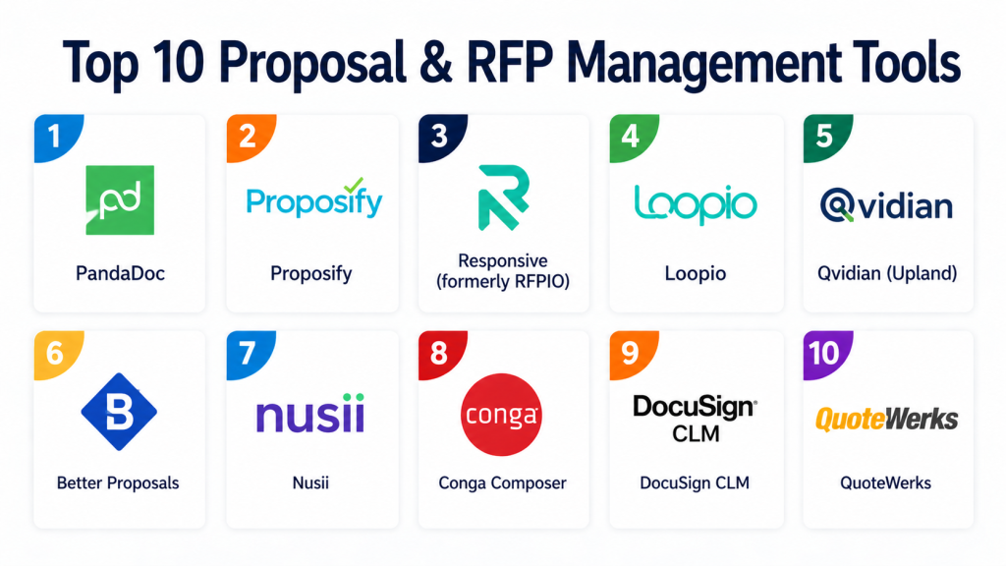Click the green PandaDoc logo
(120, 199)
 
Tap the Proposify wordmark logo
(313, 201)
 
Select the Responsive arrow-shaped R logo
(503, 199)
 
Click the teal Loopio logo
(696, 202)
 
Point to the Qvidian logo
(887, 205)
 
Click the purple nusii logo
(310, 414)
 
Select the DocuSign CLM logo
(696, 417)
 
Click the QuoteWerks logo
(887, 420)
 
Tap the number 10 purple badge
(823, 352)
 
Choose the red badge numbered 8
(438, 352)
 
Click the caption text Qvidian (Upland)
(887, 273)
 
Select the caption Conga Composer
(502, 482)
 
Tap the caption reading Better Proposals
(118, 482)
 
